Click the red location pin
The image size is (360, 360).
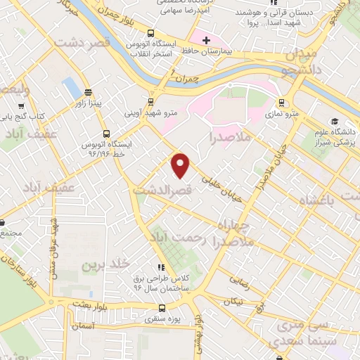181,165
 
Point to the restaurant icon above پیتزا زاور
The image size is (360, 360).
88,91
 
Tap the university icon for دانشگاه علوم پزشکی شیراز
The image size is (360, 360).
333,121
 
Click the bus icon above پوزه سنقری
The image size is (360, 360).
163,307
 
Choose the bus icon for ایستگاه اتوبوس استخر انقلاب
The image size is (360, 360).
150,32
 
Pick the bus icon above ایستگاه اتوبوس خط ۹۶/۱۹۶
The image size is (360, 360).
105,133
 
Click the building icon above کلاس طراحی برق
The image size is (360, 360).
161,267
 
